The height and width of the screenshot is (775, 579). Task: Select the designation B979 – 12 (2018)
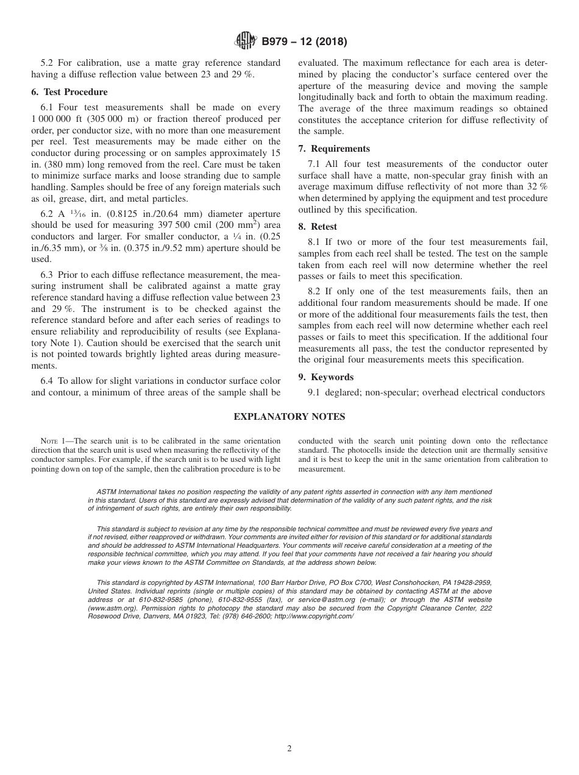pos(304,42)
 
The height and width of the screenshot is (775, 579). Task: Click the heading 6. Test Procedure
pos(69,92)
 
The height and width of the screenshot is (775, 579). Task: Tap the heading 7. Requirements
pos(334,149)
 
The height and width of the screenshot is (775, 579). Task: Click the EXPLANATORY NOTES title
pos(289,417)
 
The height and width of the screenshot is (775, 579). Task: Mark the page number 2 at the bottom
pos(289,749)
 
